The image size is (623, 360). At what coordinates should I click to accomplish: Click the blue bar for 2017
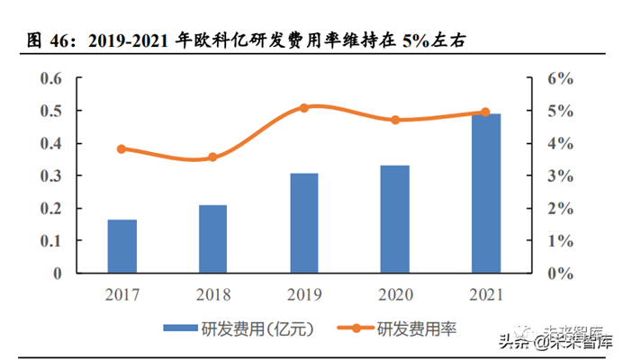pyautogui.click(x=122, y=246)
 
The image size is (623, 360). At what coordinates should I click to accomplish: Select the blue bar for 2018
pyautogui.click(x=212, y=238)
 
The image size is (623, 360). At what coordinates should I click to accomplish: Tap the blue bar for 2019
pyautogui.click(x=303, y=222)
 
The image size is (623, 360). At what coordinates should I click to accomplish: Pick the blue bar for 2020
pyautogui.click(x=394, y=219)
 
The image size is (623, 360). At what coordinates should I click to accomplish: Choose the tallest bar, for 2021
pyautogui.click(x=485, y=193)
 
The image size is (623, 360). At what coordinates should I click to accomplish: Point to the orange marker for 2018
pyautogui.click(x=212, y=157)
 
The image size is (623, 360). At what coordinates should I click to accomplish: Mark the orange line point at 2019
pyautogui.click(x=303, y=107)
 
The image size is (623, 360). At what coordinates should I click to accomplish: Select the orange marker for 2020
pyautogui.click(x=394, y=120)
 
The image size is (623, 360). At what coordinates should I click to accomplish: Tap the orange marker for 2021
pyautogui.click(x=485, y=112)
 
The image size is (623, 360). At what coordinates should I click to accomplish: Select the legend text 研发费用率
pyautogui.click(x=416, y=329)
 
